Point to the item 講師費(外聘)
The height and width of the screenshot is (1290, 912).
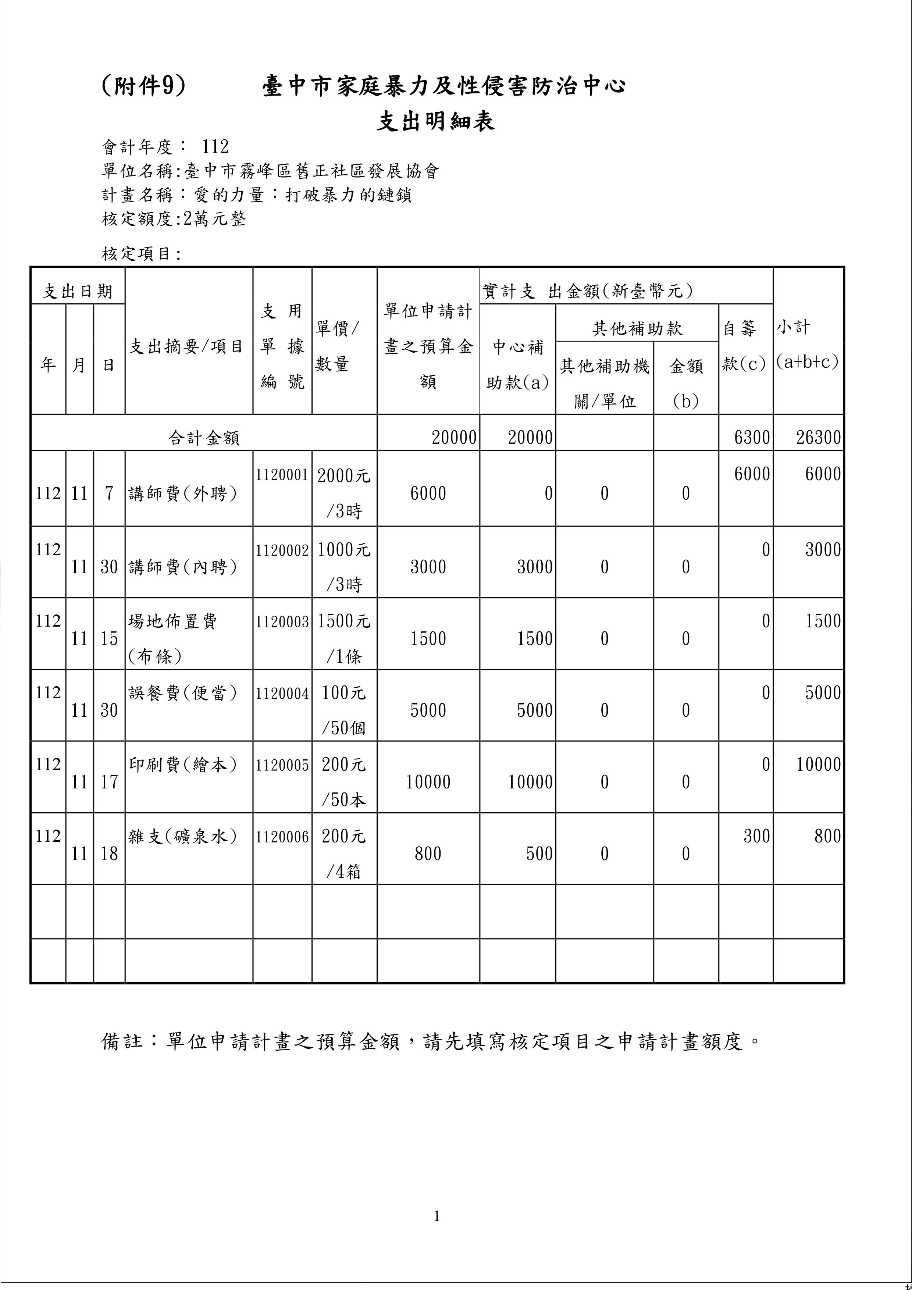click(183, 493)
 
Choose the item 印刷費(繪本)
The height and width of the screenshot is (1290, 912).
click(183, 765)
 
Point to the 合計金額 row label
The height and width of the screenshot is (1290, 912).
click(203, 438)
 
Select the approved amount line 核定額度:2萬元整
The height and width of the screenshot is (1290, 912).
click(174, 218)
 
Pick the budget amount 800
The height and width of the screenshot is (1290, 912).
click(428, 854)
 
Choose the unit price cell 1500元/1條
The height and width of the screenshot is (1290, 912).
click(344, 638)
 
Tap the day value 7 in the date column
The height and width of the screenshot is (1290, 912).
click(109, 493)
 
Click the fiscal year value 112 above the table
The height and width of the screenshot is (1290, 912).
click(215, 147)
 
